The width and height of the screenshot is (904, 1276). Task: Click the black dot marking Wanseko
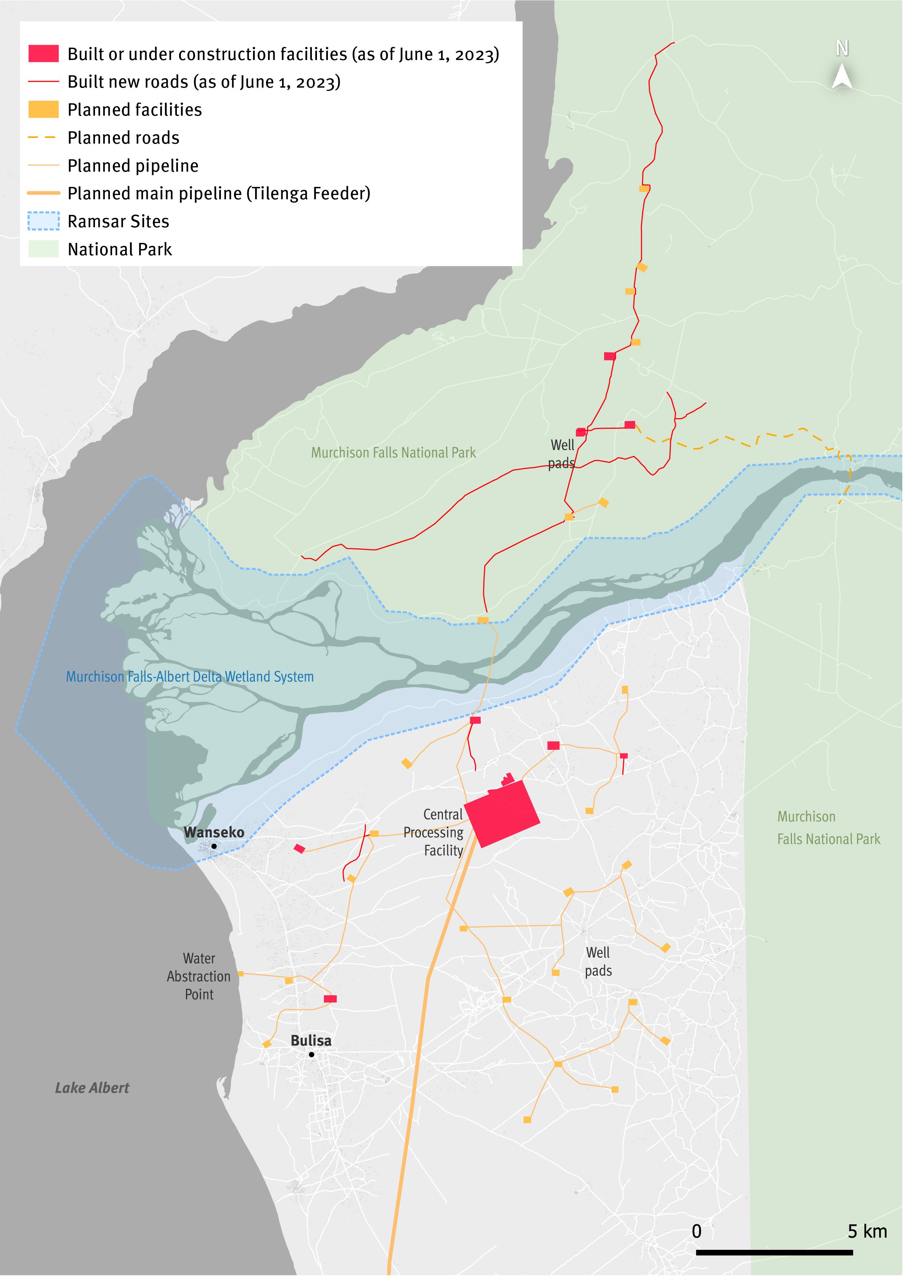[x=214, y=846]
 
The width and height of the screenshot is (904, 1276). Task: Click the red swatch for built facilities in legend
[x=43, y=54]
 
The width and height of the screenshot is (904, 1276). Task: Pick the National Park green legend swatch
[x=43, y=249]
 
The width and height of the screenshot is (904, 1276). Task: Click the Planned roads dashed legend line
[x=42, y=137]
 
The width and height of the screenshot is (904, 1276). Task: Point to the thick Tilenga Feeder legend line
[x=43, y=193]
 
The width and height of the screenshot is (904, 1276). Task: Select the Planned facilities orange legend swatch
[x=43, y=109]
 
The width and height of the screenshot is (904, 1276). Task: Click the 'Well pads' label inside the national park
[x=562, y=453]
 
